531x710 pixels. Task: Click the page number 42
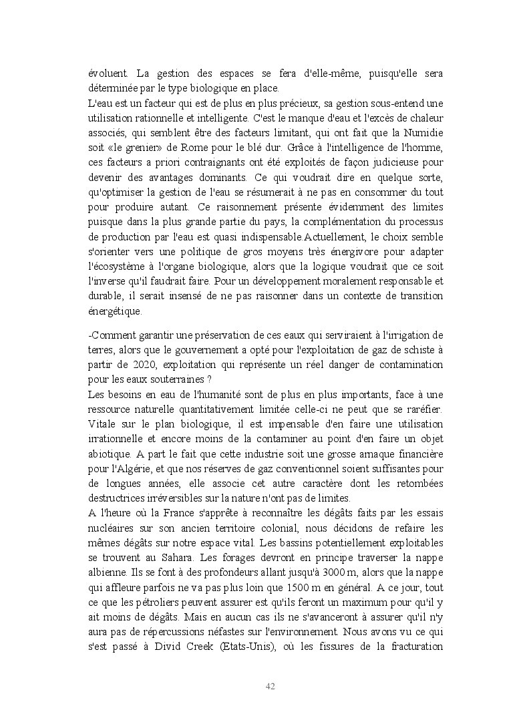click(x=271, y=686)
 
